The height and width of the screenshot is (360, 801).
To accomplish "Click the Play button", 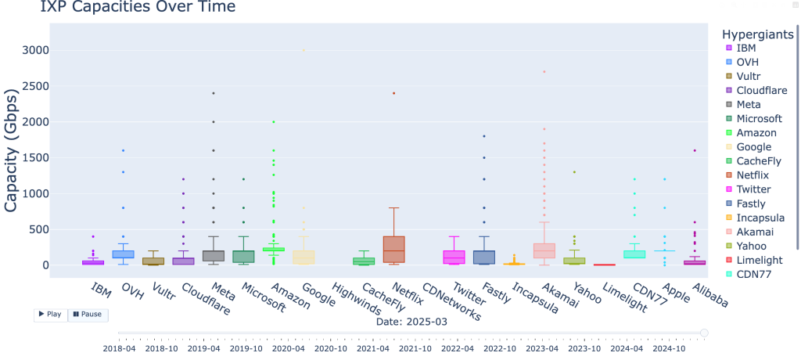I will pyautogui.click(x=50, y=314).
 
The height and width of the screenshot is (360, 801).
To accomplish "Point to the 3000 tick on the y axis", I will pyautogui.click(x=37, y=50).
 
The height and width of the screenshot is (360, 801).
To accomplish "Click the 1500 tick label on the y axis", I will pyautogui.click(x=37, y=157).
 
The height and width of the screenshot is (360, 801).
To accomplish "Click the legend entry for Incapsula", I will pyautogui.click(x=759, y=218).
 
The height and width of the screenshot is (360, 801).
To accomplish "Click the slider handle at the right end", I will pyautogui.click(x=704, y=333).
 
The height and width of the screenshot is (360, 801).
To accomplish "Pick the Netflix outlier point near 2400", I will pyautogui.click(x=393, y=93).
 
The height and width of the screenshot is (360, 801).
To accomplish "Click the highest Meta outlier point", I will pyautogui.click(x=214, y=93).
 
